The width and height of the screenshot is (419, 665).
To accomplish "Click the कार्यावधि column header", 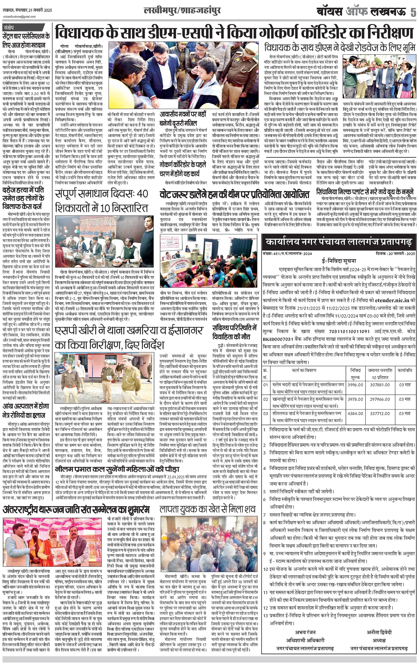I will pyautogui.click(x=405, y=370).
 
